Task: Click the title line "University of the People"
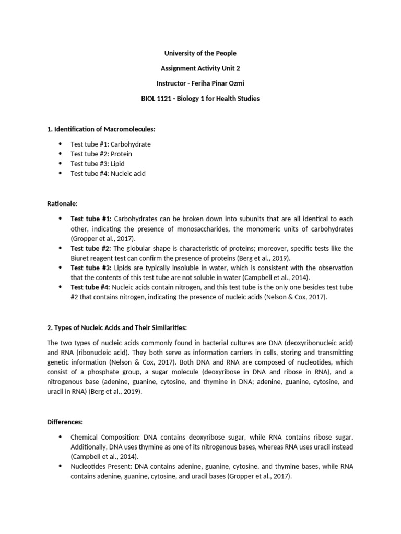[200, 53]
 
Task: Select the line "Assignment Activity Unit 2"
[200, 68]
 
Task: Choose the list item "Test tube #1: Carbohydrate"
[111, 144]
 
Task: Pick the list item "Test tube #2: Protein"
[101, 154]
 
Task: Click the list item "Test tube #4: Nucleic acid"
[108, 174]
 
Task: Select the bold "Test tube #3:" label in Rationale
[90, 268]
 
